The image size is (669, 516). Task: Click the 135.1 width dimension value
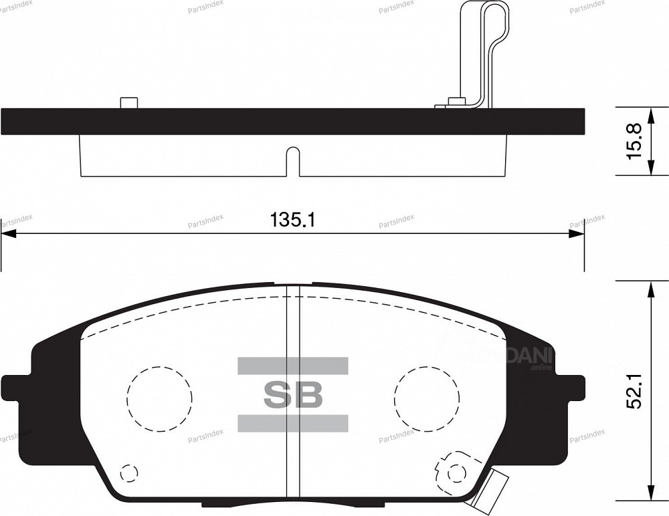(292, 219)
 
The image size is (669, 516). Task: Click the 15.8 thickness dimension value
(635, 140)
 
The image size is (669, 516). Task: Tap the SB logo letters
(293, 395)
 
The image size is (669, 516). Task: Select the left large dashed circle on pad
(159, 399)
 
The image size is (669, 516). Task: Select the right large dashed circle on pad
(426, 399)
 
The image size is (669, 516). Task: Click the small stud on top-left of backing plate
(128, 103)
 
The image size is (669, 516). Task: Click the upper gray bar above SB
(293, 365)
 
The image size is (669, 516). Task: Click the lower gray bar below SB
(293, 423)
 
